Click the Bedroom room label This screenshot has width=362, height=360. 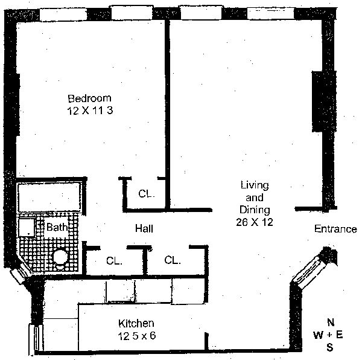[89, 98]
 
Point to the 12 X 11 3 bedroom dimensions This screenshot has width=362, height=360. [89, 111]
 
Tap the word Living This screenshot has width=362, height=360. [254, 185]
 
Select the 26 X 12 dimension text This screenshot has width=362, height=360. [255, 222]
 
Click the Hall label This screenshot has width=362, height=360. [144, 229]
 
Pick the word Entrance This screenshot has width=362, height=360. [335, 229]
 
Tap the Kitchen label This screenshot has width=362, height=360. [136, 324]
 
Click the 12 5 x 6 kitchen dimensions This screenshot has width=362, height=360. [136, 336]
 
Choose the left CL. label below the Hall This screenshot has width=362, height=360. [115, 262]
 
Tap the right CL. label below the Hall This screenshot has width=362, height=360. [173, 261]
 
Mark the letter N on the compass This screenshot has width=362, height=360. [330, 322]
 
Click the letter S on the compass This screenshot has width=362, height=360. [329, 347]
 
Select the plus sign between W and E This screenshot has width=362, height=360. [330, 335]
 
